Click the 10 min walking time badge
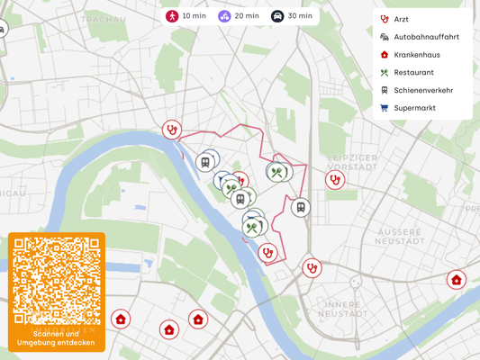click(x=184, y=16)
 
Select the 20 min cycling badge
click(x=239, y=16)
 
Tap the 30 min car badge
click(x=293, y=16)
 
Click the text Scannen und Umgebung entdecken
click(x=57, y=338)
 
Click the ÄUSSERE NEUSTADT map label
click(x=399, y=236)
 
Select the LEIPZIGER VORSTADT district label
click(x=351, y=161)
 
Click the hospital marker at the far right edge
click(x=457, y=280)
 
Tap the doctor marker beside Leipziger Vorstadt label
click(x=334, y=180)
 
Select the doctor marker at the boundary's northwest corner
click(x=171, y=130)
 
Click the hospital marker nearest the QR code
click(x=121, y=319)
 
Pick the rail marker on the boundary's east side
click(x=301, y=208)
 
